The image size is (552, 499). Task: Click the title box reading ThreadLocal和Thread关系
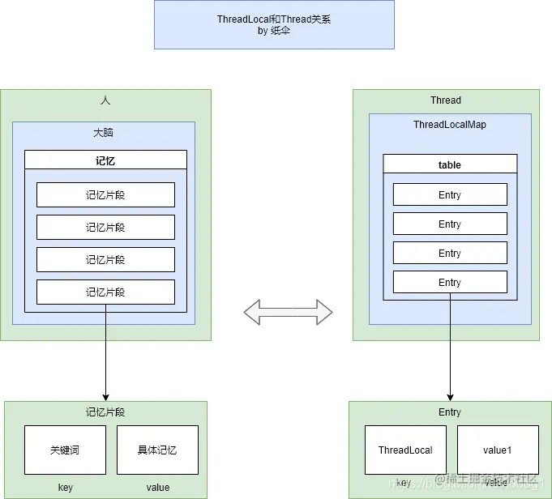pyautogui.click(x=274, y=24)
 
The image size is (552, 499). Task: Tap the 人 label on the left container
pyautogui.click(x=105, y=100)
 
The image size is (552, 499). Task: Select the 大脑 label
pyautogui.click(x=104, y=132)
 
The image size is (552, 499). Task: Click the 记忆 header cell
pyautogui.click(x=105, y=160)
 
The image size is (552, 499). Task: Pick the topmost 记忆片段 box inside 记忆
pyautogui.click(x=105, y=194)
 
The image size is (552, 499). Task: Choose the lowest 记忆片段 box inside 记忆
pyautogui.click(x=105, y=292)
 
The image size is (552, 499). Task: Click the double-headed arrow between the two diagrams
pyautogui.click(x=289, y=312)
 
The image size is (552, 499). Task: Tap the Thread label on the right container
pyautogui.click(x=446, y=100)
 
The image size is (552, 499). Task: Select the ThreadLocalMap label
pyautogui.click(x=450, y=125)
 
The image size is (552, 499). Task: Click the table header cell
pyautogui.click(x=450, y=164)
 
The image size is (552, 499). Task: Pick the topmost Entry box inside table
pyautogui.click(x=450, y=194)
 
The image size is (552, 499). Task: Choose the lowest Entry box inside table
pyautogui.click(x=450, y=282)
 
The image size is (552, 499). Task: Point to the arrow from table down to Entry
pyautogui.click(x=450, y=348)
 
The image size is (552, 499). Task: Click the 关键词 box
pyautogui.click(x=65, y=450)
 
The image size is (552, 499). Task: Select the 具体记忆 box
pyautogui.click(x=157, y=450)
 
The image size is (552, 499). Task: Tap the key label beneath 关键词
pyautogui.click(x=65, y=487)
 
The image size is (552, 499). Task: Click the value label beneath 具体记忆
pyautogui.click(x=157, y=487)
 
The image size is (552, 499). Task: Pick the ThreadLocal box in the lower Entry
pyautogui.click(x=405, y=450)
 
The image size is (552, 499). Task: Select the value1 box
pyautogui.click(x=498, y=450)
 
